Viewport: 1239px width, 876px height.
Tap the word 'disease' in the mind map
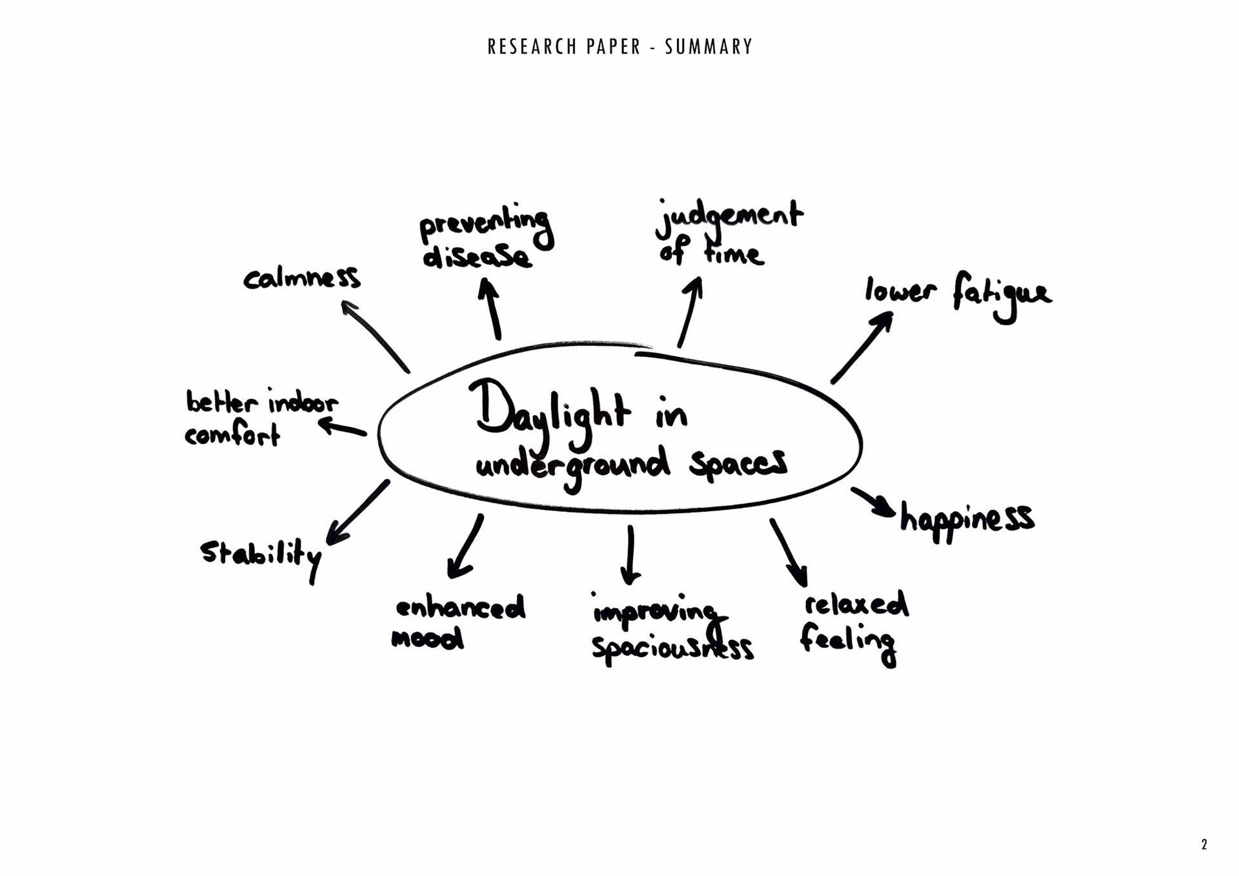pos(477,256)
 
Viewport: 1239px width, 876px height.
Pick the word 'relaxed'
pos(856,605)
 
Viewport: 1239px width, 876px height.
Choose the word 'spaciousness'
pos(672,647)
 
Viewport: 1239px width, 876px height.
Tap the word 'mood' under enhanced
pos(427,639)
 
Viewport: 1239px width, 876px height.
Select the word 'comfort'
pos(232,435)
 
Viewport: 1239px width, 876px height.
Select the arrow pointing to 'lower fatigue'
pos(862,347)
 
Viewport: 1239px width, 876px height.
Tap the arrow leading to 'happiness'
pos(872,502)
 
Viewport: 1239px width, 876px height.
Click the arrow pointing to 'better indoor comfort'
pos(343,427)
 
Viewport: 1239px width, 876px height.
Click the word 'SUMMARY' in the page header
pos(709,47)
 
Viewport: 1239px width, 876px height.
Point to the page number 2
pos(1204,844)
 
